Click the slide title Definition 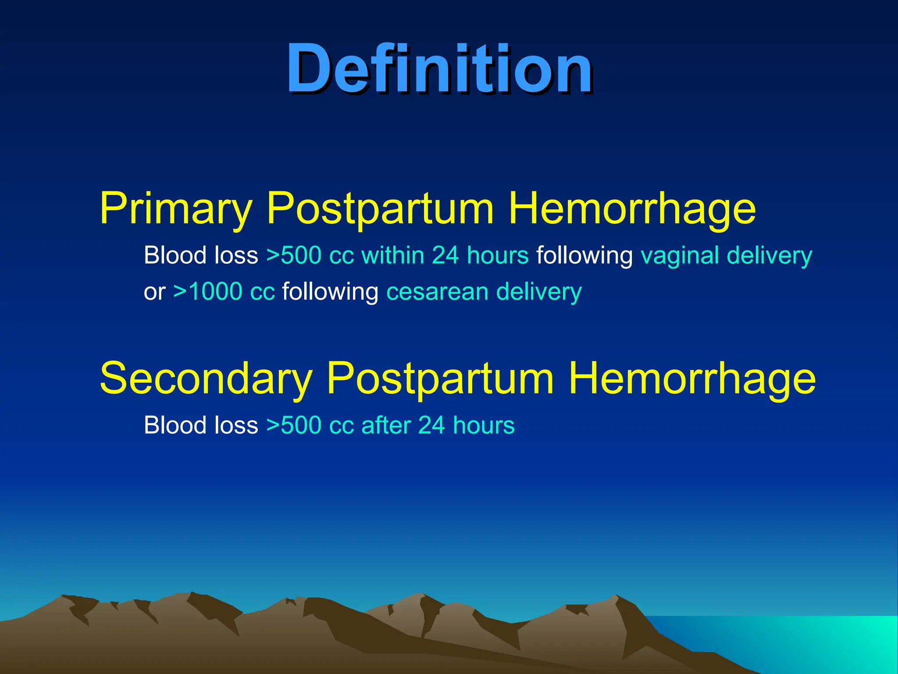click(440, 69)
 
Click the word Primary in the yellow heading click(176, 209)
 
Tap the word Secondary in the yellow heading click(206, 379)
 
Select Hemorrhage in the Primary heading click(632, 209)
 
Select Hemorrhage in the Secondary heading click(692, 379)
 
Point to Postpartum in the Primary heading click(380, 209)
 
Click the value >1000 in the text click(208, 292)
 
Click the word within click(392, 256)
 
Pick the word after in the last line click(386, 425)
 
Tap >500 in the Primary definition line click(294, 256)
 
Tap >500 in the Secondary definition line click(294, 425)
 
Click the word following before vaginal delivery click(584, 256)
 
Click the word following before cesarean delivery click(330, 292)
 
